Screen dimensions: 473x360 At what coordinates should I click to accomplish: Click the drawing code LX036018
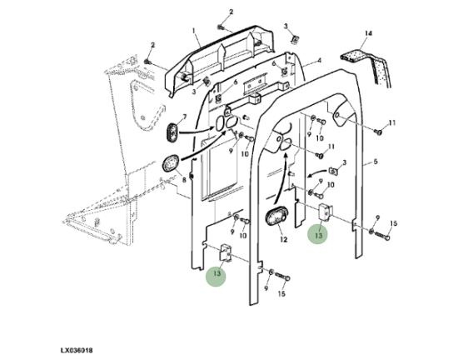pyautogui.click(x=77, y=350)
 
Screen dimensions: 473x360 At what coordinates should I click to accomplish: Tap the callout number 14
pyautogui.click(x=368, y=33)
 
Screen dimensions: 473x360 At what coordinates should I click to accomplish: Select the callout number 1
pyautogui.click(x=193, y=31)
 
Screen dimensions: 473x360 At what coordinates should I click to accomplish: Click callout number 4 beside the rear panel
pyautogui.click(x=319, y=61)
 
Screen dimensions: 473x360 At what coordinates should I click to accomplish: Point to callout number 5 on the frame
pyautogui.click(x=376, y=162)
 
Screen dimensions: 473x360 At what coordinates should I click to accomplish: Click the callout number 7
pyautogui.click(x=185, y=117)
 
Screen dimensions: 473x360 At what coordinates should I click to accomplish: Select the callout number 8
pyautogui.click(x=184, y=180)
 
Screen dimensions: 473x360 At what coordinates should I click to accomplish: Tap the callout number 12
pyautogui.click(x=284, y=240)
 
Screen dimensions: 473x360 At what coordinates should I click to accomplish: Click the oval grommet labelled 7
pyautogui.click(x=172, y=131)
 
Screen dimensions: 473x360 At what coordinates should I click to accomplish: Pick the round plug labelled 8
pyautogui.click(x=171, y=163)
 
